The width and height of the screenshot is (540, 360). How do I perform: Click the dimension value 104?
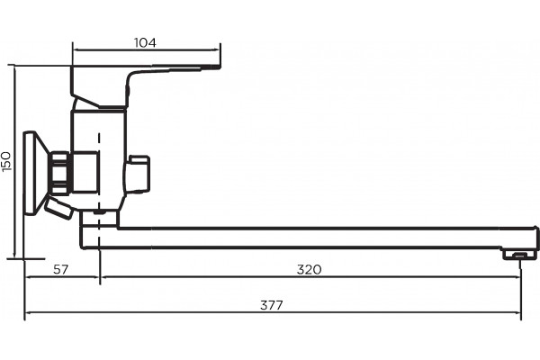point(145,42)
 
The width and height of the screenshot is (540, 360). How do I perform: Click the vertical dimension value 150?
point(6,161)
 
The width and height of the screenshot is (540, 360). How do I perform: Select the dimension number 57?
point(61,269)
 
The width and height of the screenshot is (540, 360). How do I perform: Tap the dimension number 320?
point(310,269)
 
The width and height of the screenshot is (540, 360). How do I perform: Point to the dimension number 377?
point(272,305)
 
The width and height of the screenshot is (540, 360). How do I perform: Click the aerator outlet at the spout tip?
point(519,255)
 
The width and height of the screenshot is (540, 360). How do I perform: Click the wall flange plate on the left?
point(31,173)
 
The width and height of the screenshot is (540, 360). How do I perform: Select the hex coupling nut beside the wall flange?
point(60,173)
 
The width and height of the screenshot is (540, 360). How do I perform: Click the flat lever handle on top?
point(145,86)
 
